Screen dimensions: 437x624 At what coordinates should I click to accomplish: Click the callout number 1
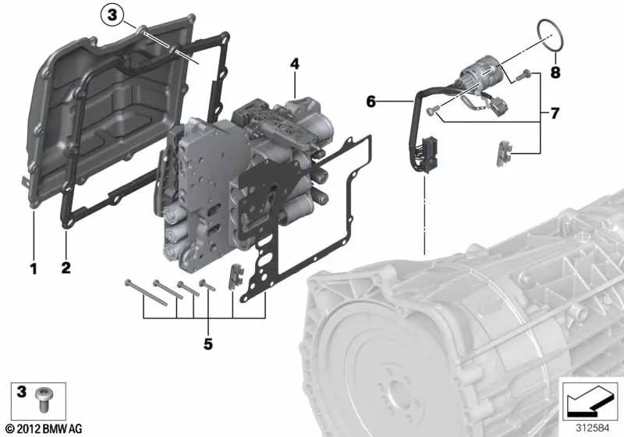pyautogui.click(x=34, y=269)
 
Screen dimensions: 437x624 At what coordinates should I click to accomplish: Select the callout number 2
pyautogui.click(x=66, y=269)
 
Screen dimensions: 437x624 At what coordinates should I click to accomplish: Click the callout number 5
pyautogui.click(x=208, y=343)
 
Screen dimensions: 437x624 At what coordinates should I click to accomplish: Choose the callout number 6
pyautogui.click(x=370, y=101)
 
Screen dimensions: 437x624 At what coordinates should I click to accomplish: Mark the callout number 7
pyautogui.click(x=555, y=114)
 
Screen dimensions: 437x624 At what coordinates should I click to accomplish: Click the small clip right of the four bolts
pyautogui.click(x=232, y=277)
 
